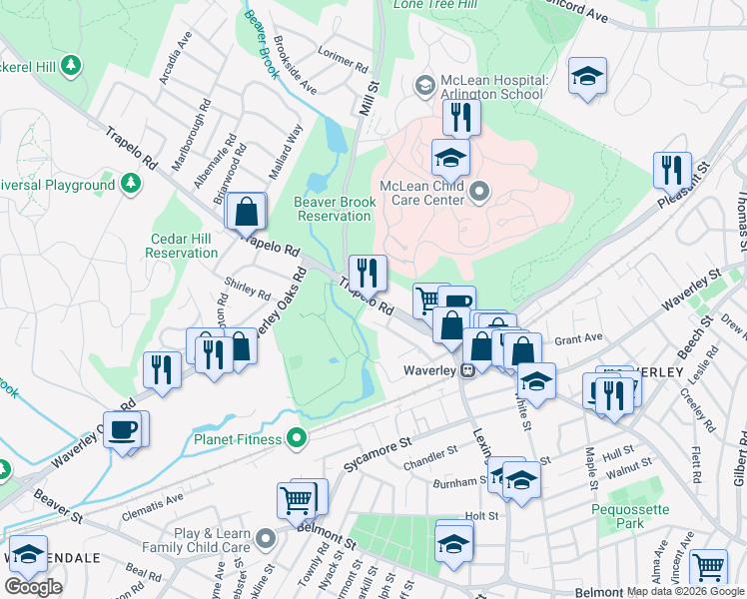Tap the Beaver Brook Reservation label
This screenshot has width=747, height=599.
(x=335, y=209)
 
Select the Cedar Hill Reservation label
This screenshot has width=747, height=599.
(x=182, y=246)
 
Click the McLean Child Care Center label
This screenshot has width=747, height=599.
(x=422, y=192)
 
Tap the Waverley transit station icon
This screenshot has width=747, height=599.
(x=466, y=371)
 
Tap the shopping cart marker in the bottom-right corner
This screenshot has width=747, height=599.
(x=708, y=566)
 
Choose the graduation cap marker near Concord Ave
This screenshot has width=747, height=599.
(x=587, y=76)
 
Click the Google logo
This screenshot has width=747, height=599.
(x=33, y=587)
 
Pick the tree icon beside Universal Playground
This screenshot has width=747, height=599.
(x=130, y=185)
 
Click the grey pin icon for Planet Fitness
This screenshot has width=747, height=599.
(x=297, y=437)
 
